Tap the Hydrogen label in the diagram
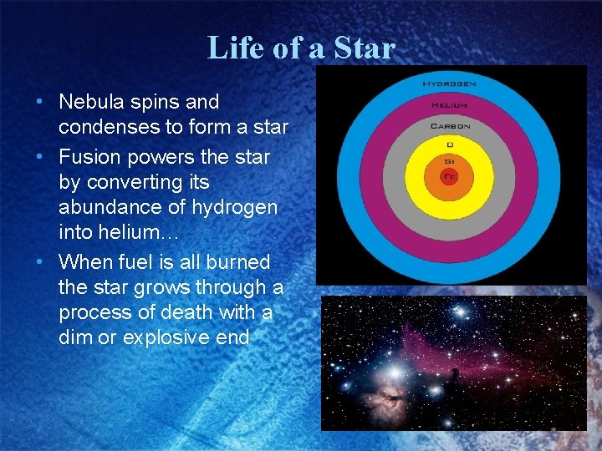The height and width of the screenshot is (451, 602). (x=450, y=84)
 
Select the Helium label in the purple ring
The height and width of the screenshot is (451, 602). (x=450, y=105)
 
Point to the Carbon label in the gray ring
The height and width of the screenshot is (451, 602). (x=450, y=126)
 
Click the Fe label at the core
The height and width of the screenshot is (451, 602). (x=449, y=177)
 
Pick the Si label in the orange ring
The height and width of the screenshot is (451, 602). (x=449, y=161)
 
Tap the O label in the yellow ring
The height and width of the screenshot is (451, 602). (x=449, y=144)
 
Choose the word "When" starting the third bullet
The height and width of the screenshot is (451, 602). (x=86, y=262)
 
